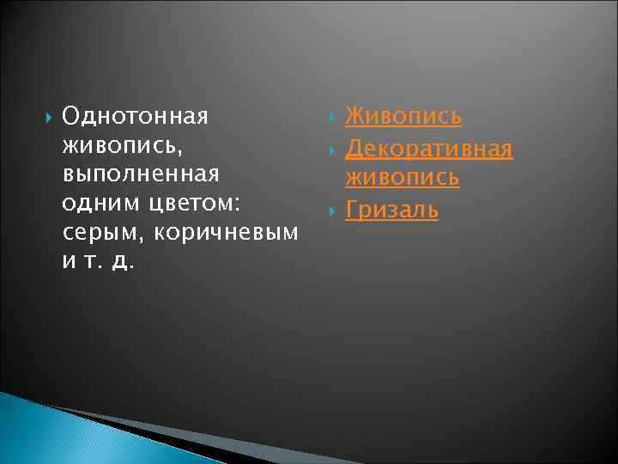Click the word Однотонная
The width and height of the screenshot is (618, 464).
click(x=136, y=115)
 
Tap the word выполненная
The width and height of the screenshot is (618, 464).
click(x=141, y=174)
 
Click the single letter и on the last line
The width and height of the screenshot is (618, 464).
click(x=69, y=261)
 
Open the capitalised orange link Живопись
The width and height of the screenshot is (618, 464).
click(x=403, y=115)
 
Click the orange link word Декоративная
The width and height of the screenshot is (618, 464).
click(x=428, y=150)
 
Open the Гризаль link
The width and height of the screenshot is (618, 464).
click(x=391, y=209)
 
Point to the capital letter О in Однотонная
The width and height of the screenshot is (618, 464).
click(x=70, y=115)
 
